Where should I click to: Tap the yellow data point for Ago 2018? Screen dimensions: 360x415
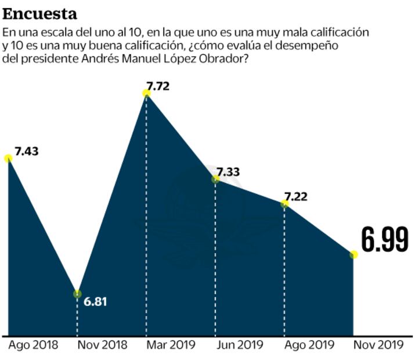tap(8, 158)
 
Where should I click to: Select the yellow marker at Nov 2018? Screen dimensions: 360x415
tap(77, 294)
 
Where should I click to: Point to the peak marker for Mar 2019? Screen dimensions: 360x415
tap(146, 93)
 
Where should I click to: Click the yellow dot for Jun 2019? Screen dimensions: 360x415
tap(215, 179)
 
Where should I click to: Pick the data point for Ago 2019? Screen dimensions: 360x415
tap(284, 204)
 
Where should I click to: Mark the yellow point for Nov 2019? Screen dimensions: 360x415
tap(353, 254)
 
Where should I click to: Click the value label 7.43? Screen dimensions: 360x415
tap(27, 151)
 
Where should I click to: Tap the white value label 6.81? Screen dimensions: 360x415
tap(96, 302)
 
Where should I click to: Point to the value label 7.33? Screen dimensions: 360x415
tap(228, 172)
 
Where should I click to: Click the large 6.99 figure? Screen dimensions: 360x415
tap(384, 239)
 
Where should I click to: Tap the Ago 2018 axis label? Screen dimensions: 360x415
tap(33, 344)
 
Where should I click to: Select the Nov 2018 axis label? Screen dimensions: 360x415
tap(102, 344)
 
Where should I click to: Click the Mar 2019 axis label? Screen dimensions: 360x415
tap(170, 344)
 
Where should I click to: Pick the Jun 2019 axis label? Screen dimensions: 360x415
tap(239, 344)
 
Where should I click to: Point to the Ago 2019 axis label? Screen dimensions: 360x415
tap(308, 344)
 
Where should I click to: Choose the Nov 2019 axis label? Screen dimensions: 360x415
tap(378, 344)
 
